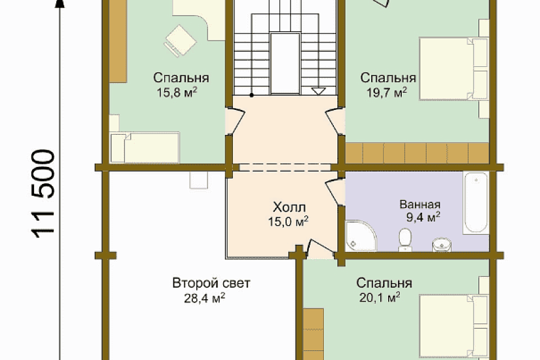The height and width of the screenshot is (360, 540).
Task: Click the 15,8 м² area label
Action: pyautogui.click(x=177, y=92)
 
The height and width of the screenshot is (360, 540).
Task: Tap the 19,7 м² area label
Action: pyautogui.click(x=387, y=92)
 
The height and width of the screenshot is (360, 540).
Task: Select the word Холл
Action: pyautogui.click(x=289, y=207)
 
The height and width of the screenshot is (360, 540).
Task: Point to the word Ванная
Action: pyautogui.click(x=420, y=204)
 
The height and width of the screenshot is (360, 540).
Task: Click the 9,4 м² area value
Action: pyautogui.click(x=423, y=217)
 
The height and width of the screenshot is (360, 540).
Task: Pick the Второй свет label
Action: pyautogui.click(x=211, y=283)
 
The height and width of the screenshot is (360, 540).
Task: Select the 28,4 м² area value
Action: pyautogui.click(x=205, y=298)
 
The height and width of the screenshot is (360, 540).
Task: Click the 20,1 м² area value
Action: pyautogui.click(x=380, y=297)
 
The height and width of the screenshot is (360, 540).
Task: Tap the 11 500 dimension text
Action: pyautogui.click(x=43, y=194)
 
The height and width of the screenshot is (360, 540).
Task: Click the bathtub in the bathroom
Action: pyautogui.click(x=476, y=204)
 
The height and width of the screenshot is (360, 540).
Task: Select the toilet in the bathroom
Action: pyautogui.click(x=405, y=240)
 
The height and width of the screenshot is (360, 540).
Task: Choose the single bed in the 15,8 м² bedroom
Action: pyautogui.click(x=145, y=147)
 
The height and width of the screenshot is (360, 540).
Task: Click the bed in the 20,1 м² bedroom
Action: pyautogui.click(x=454, y=325)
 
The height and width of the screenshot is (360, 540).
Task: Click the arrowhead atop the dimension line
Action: pyautogui.click(x=60, y=3)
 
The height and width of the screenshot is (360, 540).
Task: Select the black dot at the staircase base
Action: pyautogui.click(x=252, y=95)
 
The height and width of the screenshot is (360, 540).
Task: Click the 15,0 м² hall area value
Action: pyautogui.click(x=288, y=221)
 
